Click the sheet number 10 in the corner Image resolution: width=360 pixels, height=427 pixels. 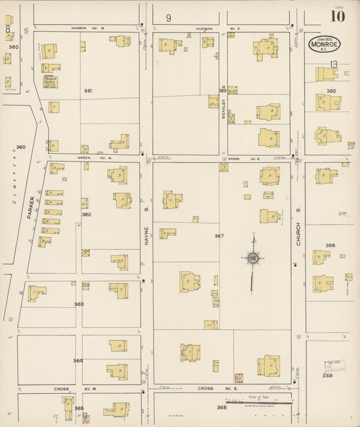click(x=337, y=16)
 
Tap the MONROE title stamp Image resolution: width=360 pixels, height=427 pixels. click(x=324, y=44)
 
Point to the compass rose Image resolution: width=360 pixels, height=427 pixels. click(x=252, y=257)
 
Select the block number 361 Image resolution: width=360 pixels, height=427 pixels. click(x=88, y=91)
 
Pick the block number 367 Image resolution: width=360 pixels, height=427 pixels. click(x=219, y=236)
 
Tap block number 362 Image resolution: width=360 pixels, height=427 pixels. click(x=86, y=214)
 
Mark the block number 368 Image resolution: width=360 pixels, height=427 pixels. click(x=330, y=245)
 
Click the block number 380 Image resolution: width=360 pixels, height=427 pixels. click(x=331, y=91)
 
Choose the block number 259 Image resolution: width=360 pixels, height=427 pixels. click(x=328, y=375)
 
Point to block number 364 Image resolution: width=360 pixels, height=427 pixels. click(x=78, y=360)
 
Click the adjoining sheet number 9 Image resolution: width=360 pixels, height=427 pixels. click(x=168, y=17)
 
